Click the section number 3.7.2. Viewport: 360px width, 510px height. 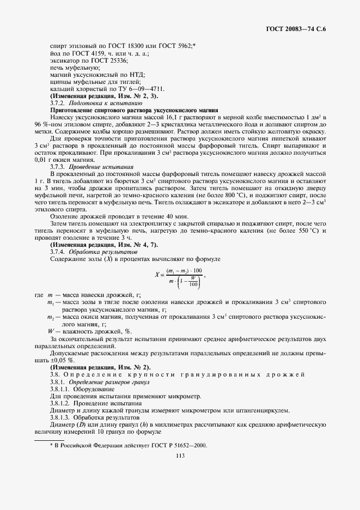click(57, 102)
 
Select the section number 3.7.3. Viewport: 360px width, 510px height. click(57, 167)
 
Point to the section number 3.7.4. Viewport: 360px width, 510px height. click(57, 252)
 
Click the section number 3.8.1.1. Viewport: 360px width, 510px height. click(59, 390)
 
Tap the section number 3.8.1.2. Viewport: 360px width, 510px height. click(59, 403)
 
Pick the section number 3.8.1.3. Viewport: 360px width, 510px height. click(59, 417)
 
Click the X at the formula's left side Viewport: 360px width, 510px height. click(156, 275)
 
